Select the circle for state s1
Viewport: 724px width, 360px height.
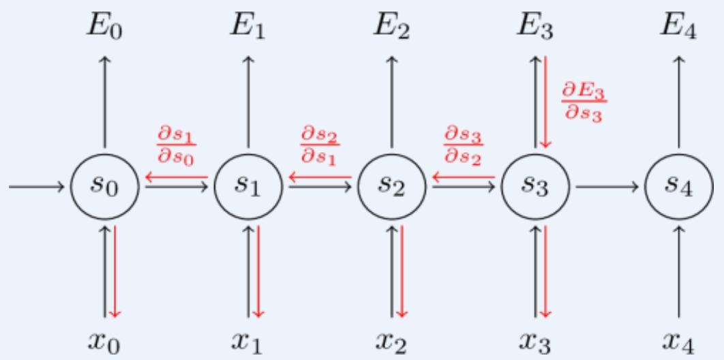pyautogui.click(x=248, y=185)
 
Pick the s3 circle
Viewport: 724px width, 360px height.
pyautogui.click(x=535, y=185)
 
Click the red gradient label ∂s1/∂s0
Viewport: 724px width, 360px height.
pyautogui.click(x=177, y=144)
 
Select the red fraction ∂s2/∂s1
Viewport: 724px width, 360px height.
pyautogui.click(x=320, y=144)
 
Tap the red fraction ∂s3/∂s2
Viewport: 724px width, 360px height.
pyautogui.click(x=463, y=144)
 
